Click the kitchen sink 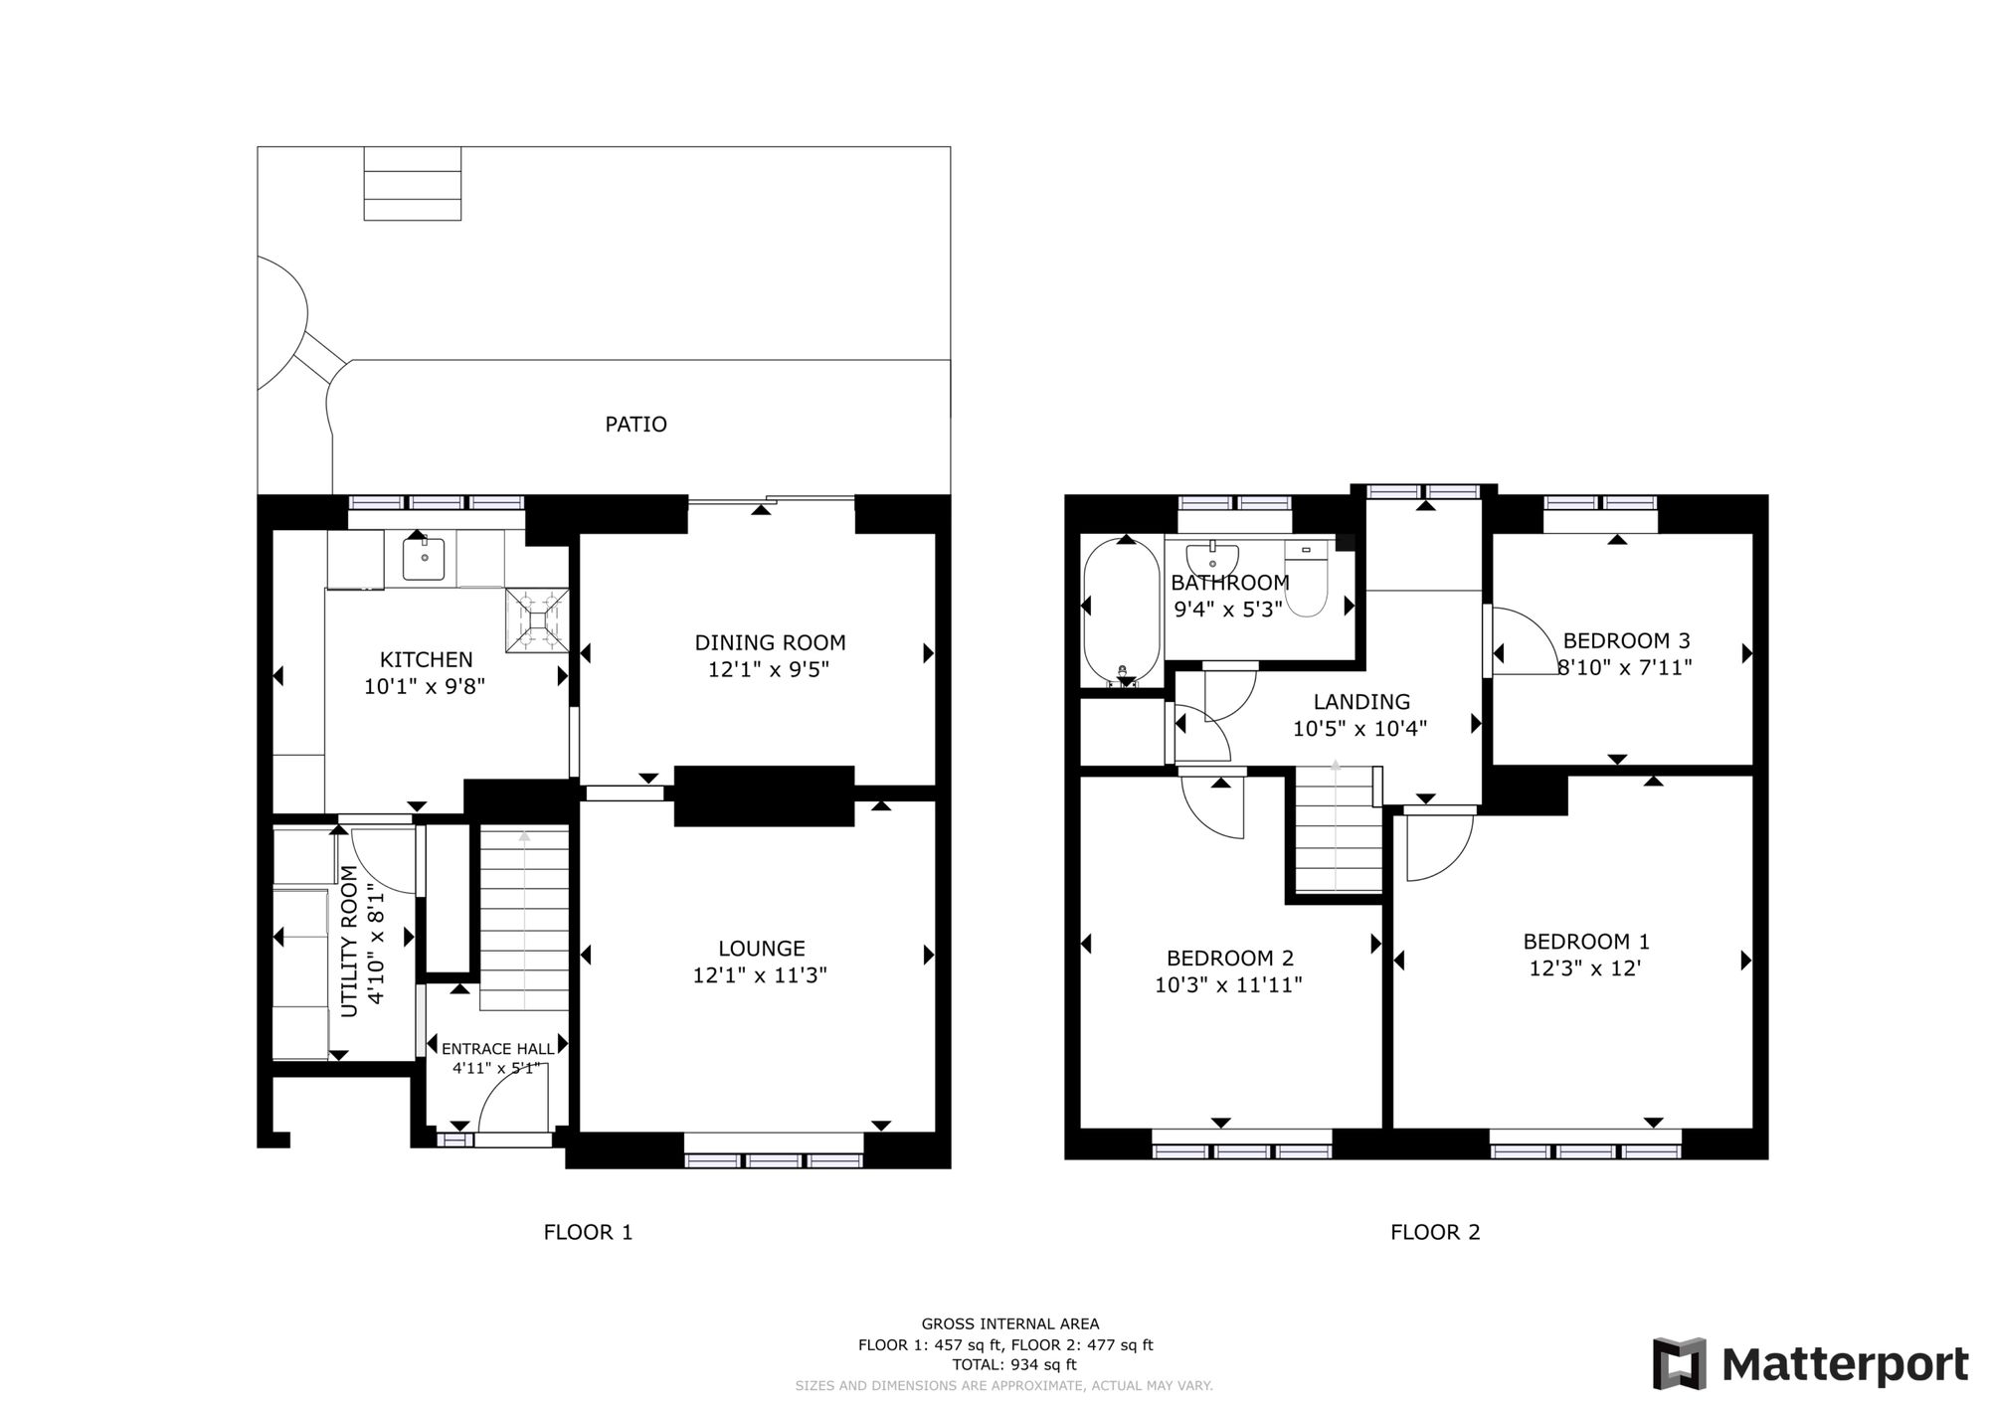tap(424, 559)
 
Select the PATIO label tap(635, 425)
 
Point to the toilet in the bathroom tap(1306, 581)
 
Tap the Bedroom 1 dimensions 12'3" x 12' tap(1584, 967)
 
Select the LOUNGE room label tap(761, 949)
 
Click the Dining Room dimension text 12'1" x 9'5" tap(769, 670)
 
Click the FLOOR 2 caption tap(1434, 1232)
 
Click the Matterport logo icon tap(1679, 1363)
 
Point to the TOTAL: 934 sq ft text tap(1013, 1364)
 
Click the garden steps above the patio tap(412, 183)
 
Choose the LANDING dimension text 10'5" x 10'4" tap(1359, 728)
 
